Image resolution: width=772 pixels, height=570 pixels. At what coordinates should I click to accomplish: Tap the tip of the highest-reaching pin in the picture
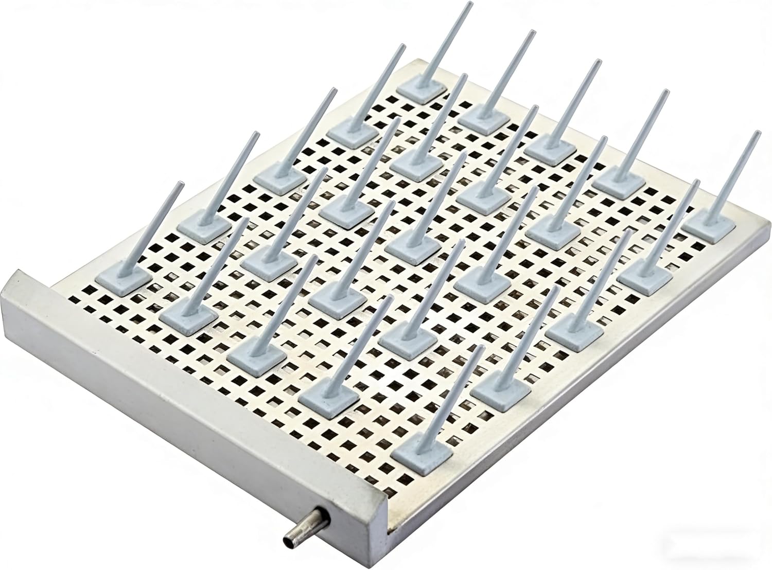click(469, 4)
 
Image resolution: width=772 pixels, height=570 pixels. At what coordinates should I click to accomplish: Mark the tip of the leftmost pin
click(180, 183)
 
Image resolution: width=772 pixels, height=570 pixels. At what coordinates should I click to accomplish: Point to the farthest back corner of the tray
click(412, 62)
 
